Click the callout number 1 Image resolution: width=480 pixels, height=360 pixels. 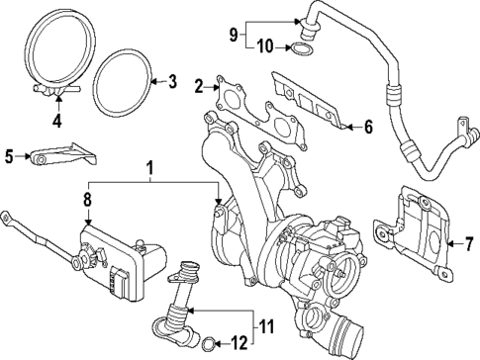pyautogui.click(x=151, y=171)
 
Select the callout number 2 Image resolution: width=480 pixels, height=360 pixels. pyautogui.click(x=199, y=87)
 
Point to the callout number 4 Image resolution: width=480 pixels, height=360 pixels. pyautogui.click(x=56, y=123)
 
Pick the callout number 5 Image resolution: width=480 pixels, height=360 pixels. pyautogui.click(x=10, y=155)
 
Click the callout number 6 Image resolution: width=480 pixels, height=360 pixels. pyautogui.click(x=367, y=127)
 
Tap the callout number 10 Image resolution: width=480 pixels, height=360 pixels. pyautogui.click(x=265, y=46)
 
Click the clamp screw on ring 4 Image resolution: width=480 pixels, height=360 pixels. pyautogui.click(x=56, y=91)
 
